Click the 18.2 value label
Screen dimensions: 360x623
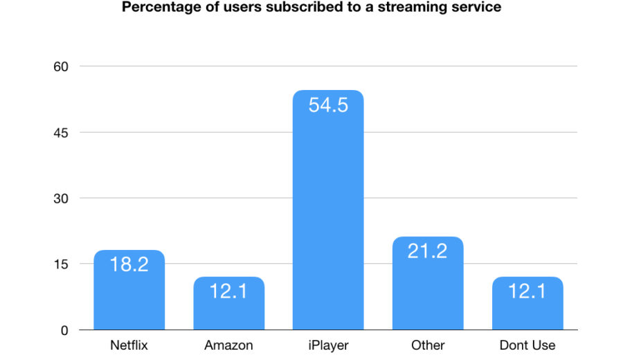coord(129,264)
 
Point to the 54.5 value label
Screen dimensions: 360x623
coord(328,105)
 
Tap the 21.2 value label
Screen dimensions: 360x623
coord(428,251)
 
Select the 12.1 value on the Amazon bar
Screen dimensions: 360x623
coord(228,291)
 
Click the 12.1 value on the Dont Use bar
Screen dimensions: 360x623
coord(527,291)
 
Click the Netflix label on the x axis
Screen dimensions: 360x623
coord(129,345)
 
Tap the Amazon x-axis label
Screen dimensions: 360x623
coord(228,345)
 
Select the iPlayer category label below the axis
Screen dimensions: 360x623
coord(328,345)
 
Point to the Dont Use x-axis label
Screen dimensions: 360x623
coord(527,345)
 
